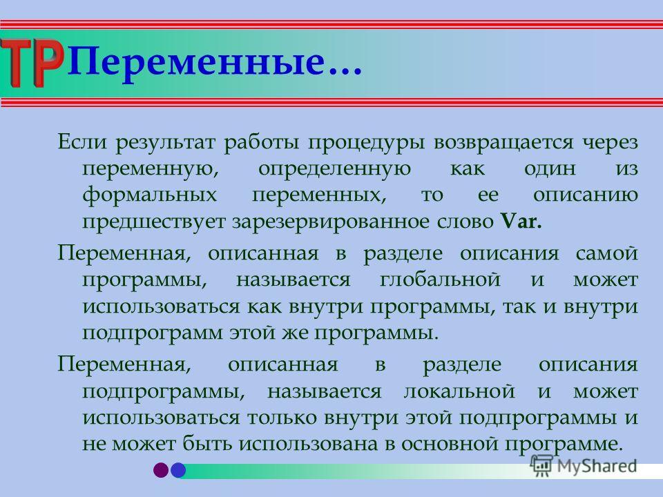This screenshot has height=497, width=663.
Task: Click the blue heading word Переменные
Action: click(x=196, y=61)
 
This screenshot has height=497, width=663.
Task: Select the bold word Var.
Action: click(x=521, y=221)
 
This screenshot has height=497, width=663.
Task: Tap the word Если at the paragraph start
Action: click(x=82, y=141)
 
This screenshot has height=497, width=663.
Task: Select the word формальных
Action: click(x=150, y=195)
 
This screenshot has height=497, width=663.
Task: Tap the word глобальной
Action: click(x=440, y=280)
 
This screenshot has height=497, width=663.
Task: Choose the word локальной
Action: click(x=459, y=391)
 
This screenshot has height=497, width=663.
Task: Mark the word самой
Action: click(x=607, y=253)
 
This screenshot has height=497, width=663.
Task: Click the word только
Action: click(x=281, y=418)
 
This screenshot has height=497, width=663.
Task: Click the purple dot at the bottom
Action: click(x=161, y=470)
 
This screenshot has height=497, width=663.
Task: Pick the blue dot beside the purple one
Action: click(x=178, y=470)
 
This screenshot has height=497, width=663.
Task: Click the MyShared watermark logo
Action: click(x=584, y=466)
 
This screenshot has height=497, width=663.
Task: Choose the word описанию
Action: click(x=586, y=195)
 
